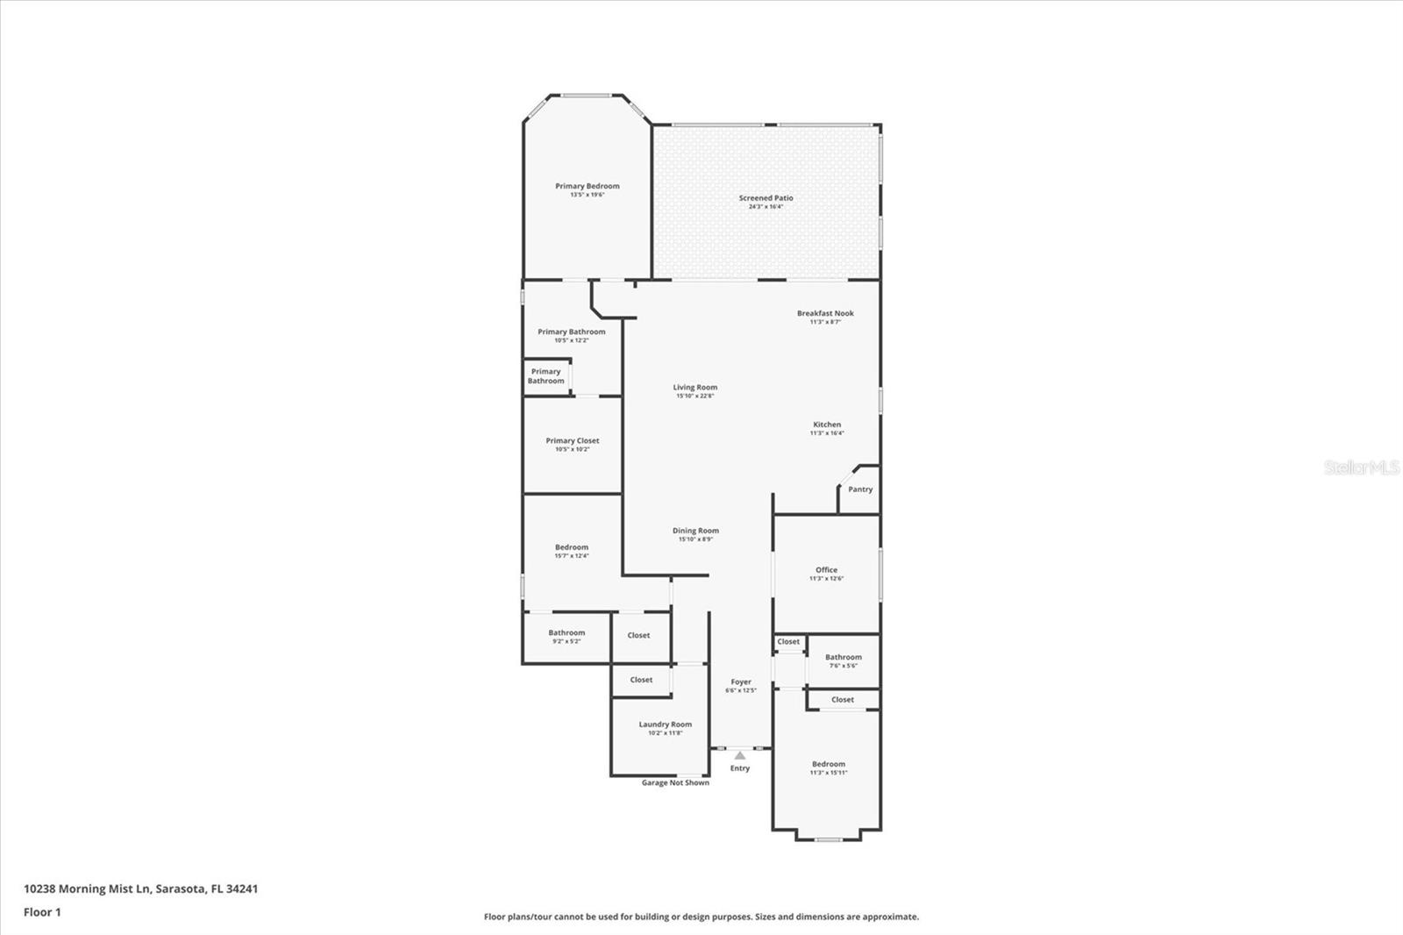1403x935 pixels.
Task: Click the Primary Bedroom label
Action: click(x=587, y=186)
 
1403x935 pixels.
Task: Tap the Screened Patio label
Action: click(x=766, y=198)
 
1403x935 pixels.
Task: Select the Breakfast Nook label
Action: click(x=825, y=313)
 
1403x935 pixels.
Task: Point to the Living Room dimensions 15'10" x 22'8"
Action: click(x=694, y=396)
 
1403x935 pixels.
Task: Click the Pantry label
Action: click(x=860, y=489)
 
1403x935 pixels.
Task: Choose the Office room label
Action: click(x=826, y=570)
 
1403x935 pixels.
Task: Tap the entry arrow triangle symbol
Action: click(x=740, y=755)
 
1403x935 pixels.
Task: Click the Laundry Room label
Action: click(x=665, y=724)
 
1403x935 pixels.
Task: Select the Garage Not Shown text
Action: click(x=675, y=782)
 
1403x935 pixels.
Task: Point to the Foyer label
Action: click(x=741, y=682)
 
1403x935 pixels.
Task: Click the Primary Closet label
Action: click(x=573, y=441)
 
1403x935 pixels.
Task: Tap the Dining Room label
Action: click(x=695, y=531)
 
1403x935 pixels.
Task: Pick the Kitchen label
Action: click(x=827, y=425)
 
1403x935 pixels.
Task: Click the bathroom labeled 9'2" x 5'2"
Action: click(x=566, y=636)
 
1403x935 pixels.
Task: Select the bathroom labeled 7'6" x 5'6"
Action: click(x=843, y=660)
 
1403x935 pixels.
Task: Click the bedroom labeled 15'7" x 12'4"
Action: click(x=572, y=551)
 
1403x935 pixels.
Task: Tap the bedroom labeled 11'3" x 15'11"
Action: click(x=829, y=767)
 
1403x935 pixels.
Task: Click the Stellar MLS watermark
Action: click(x=1361, y=467)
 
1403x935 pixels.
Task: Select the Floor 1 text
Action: click(x=42, y=912)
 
